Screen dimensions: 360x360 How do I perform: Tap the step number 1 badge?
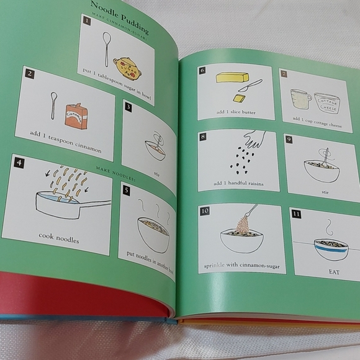point(87,22)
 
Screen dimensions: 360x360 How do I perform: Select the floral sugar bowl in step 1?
point(127,68)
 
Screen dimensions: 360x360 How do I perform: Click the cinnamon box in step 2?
point(76,115)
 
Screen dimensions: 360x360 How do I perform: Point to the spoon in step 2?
point(54,106)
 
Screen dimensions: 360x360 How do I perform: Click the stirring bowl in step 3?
point(155,149)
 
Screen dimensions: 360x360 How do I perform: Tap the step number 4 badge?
point(19,164)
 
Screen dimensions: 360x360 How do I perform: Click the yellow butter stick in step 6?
point(232,78)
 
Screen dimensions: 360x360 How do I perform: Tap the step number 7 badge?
point(284,74)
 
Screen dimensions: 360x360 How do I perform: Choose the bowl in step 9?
point(322,169)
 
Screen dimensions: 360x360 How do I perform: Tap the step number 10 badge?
point(205,211)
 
